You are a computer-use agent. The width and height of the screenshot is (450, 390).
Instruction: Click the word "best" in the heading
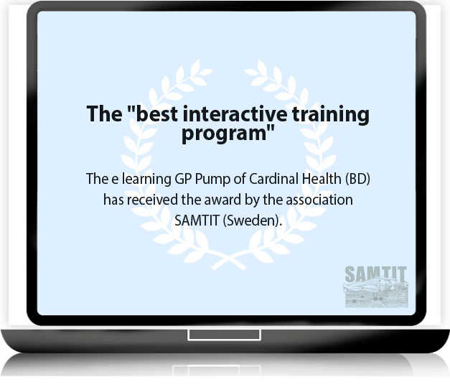pyautogui.click(x=156, y=114)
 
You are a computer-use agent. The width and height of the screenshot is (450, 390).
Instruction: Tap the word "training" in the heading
pyautogui.click(x=331, y=115)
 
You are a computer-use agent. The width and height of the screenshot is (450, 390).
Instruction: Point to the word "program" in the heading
pyautogui.click(x=225, y=134)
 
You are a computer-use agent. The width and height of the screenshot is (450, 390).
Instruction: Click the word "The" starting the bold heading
pyautogui.click(x=104, y=114)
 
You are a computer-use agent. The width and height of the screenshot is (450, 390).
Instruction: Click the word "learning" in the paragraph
pyautogui.click(x=146, y=180)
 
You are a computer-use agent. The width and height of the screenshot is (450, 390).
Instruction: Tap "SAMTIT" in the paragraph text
pyautogui.click(x=197, y=220)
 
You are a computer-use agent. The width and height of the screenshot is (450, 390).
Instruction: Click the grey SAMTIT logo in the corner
pyautogui.click(x=375, y=287)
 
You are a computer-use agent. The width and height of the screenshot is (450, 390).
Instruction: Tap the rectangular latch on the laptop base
pyautogui.click(x=224, y=335)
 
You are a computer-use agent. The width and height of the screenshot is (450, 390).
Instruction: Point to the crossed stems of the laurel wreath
pyautogui.click(x=229, y=260)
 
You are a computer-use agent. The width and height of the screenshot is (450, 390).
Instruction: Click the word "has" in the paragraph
pyautogui.click(x=113, y=200)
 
